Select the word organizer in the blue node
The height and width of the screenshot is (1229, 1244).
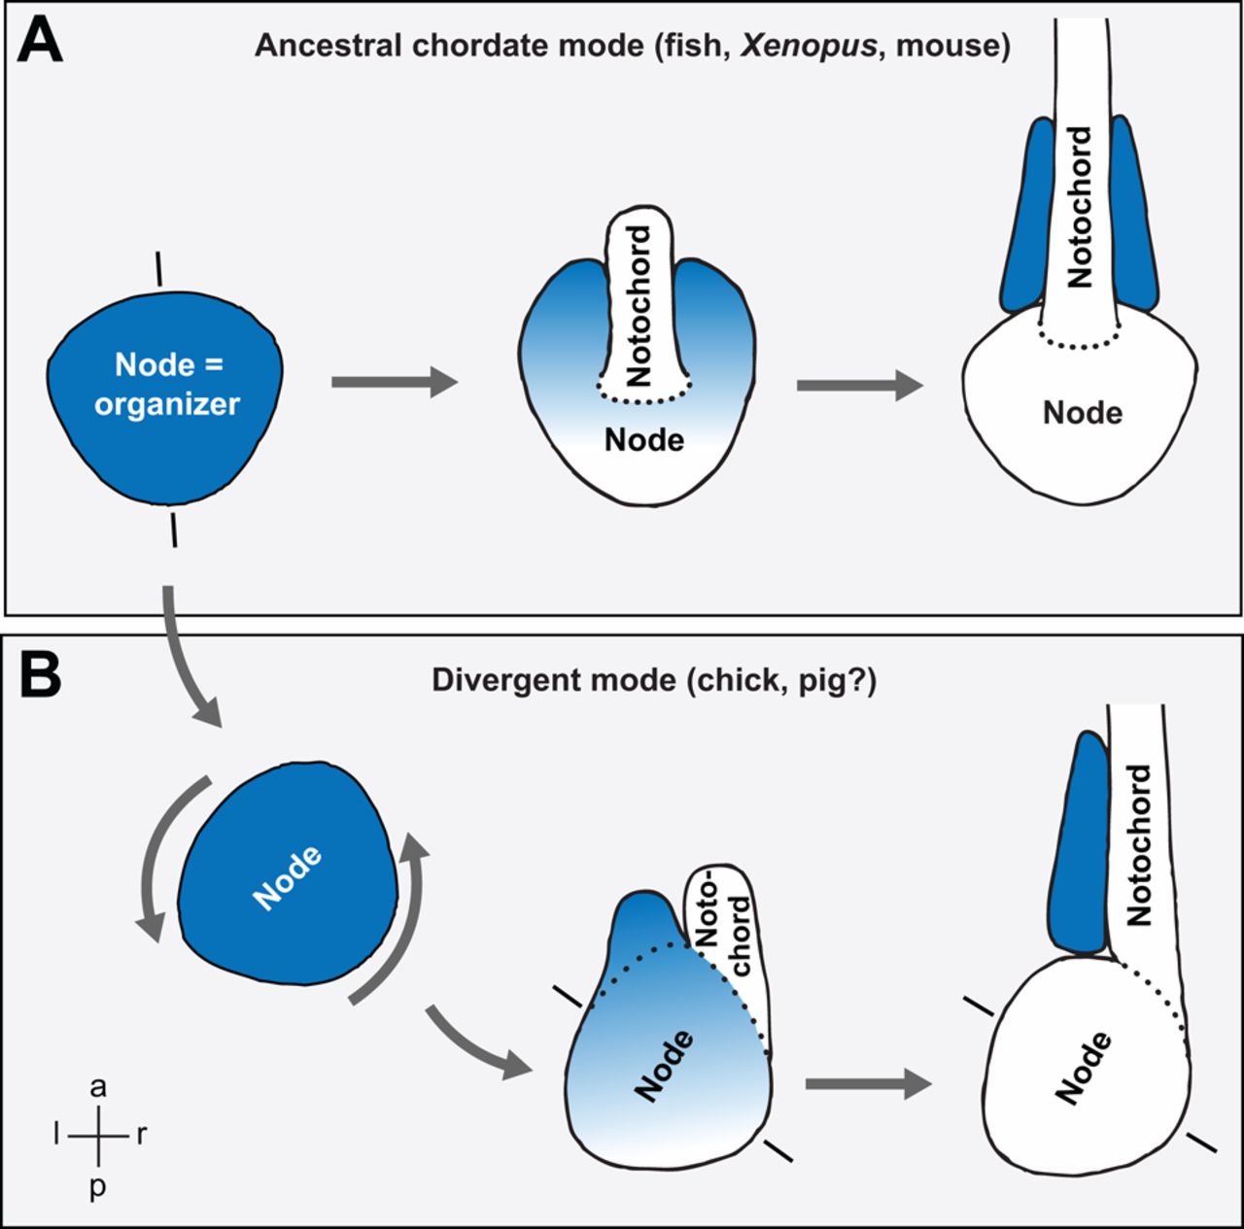pos(167,403)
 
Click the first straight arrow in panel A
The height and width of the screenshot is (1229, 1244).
pos(394,382)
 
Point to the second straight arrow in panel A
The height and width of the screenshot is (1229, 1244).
pos(859,385)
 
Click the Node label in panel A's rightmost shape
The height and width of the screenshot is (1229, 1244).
pos(1083,413)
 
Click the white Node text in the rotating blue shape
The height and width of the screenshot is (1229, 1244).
pos(288,878)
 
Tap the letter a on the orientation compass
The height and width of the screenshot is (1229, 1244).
pos(98,1087)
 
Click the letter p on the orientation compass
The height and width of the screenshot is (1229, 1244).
pos(98,1186)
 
